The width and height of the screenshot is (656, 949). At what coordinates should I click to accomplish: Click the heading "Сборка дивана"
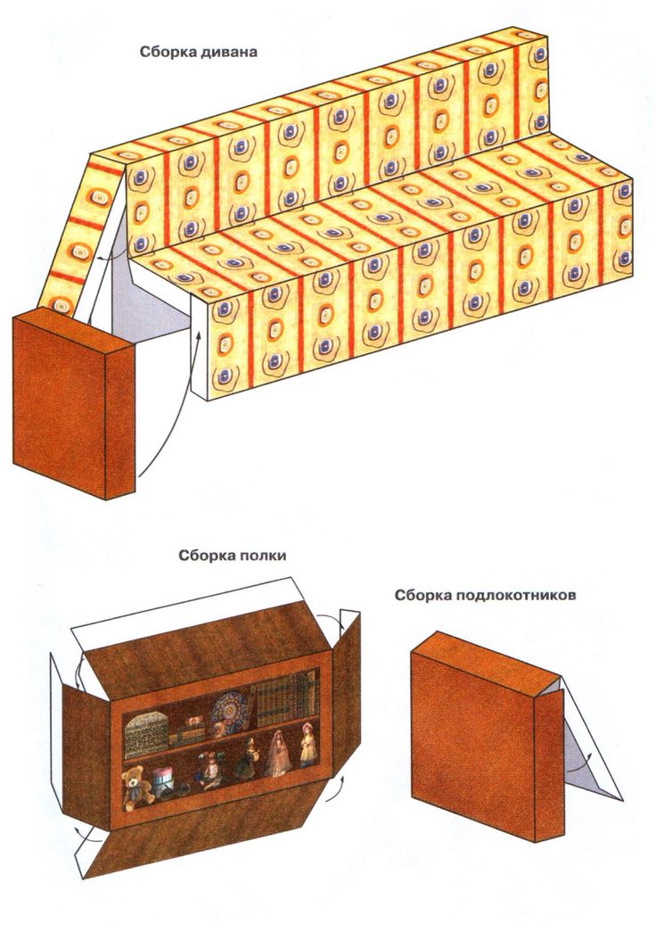(198, 51)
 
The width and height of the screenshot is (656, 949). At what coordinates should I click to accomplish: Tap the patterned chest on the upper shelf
(146, 728)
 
